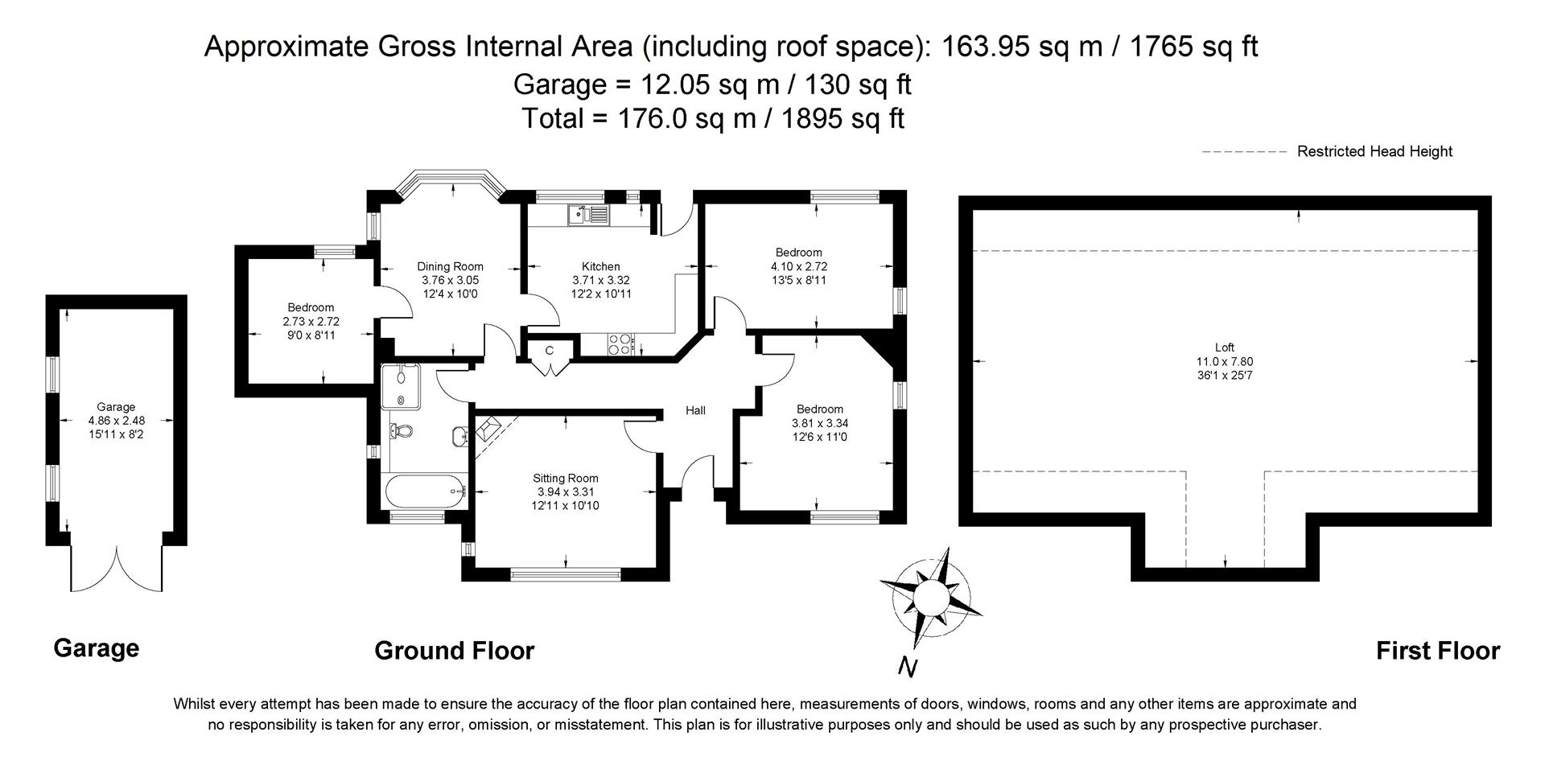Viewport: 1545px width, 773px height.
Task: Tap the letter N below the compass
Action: (x=908, y=667)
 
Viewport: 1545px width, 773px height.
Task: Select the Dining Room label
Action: (x=450, y=266)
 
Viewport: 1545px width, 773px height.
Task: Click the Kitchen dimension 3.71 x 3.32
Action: (x=600, y=280)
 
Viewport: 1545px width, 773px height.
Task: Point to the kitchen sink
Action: (x=588, y=214)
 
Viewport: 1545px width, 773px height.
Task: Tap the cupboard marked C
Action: (x=550, y=352)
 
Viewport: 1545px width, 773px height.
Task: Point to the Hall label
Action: (x=695, y=410)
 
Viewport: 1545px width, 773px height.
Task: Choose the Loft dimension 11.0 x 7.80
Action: (x=1224, y=361)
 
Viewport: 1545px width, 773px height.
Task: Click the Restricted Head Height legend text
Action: (x=1374, y=151)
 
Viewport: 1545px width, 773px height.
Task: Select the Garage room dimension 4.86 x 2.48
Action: (x=116, y=420)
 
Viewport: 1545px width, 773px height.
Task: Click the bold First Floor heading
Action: (x=1437, y=651)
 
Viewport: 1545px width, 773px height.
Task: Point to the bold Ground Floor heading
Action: (x=454, y=651)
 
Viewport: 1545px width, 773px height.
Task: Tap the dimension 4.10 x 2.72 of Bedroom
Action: (x=798, y=266)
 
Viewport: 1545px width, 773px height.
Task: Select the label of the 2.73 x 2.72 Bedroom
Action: (x=311, y=307)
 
